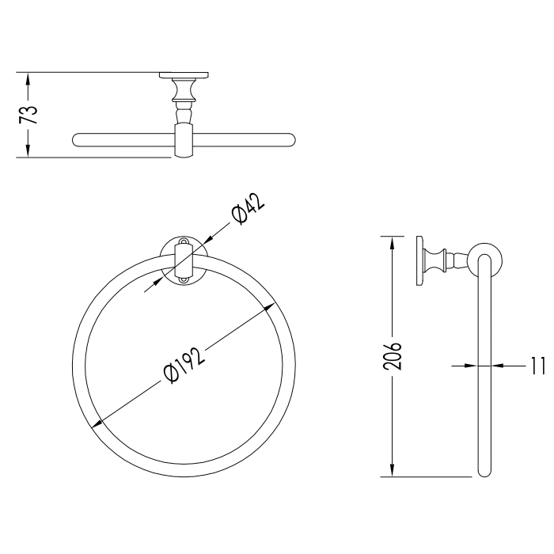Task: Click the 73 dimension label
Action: tap(28, 115)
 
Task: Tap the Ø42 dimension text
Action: tap(248, 209)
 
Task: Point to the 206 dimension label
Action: tap(393, 356)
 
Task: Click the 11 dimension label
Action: tap(537, 366)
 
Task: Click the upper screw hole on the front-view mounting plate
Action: tap(184, 241)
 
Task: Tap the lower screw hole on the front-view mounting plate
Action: tap(184, 280)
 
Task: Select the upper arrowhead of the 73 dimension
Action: tap(28, 78)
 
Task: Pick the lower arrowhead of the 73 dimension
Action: tap(28, 151)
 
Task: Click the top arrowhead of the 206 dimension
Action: tap(392, 243)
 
